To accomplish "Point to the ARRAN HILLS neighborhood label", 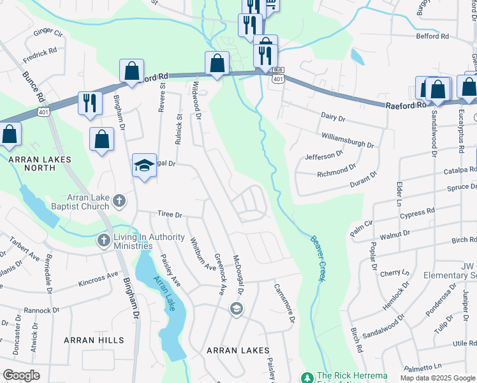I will [93, 340].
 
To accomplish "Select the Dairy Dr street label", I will [333, 117].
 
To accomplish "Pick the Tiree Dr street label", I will [170, 215].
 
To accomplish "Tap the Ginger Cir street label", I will [48, 31].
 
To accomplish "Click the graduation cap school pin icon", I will [145, 166].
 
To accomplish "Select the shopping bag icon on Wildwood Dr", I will [217, 63].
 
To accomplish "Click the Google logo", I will [21, 375].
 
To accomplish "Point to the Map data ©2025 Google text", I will [437, 377].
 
